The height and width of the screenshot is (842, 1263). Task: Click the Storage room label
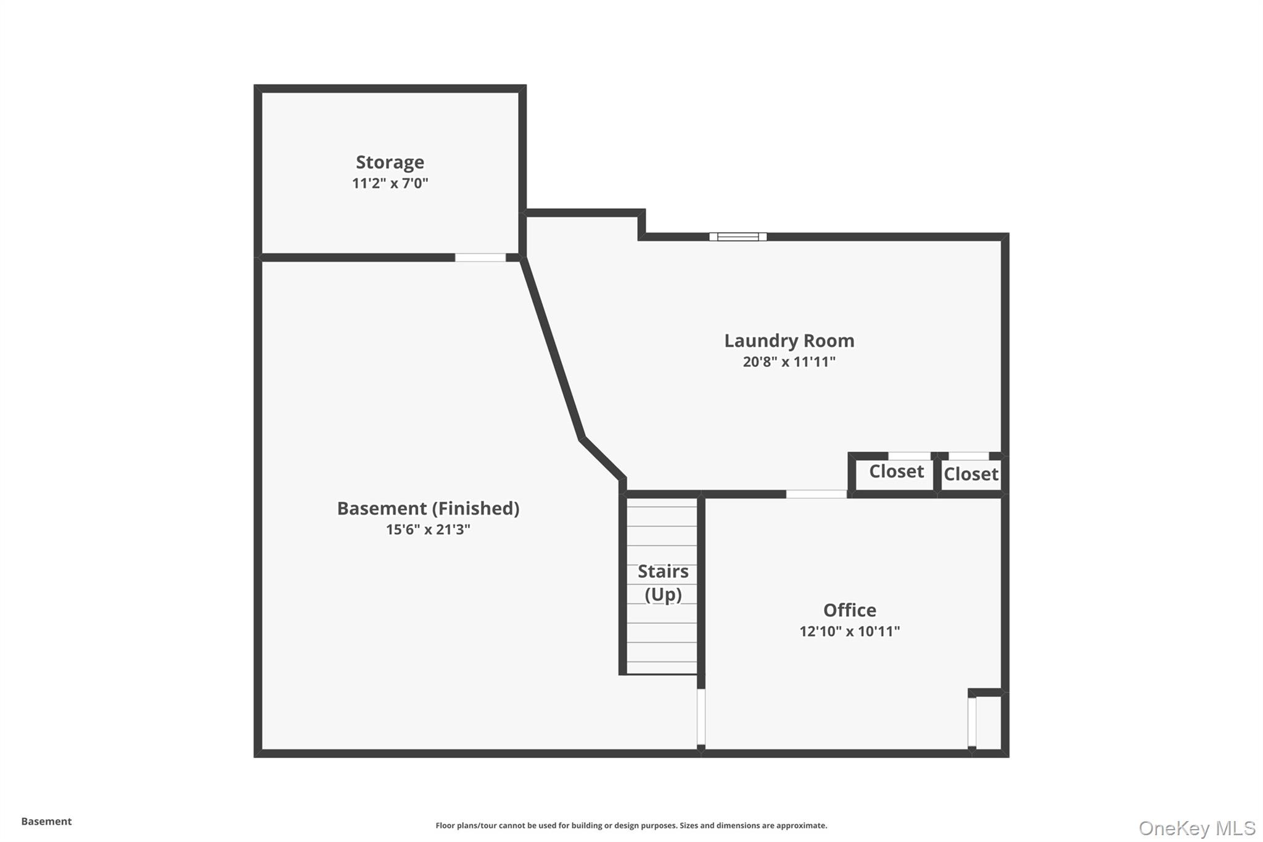tap(390, 162)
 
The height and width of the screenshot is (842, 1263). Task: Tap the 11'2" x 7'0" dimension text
tap(390, 183)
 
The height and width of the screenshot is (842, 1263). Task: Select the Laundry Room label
tap(789, 341)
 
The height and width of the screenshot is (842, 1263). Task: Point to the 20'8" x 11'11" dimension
tap(789, 361)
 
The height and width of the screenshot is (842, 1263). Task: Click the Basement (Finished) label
tap(428, 508)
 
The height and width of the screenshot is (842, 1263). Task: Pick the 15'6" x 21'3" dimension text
tap(428, 529)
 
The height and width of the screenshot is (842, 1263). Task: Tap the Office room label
tap(849, 610)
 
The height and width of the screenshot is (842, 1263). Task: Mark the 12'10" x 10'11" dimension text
tap(849, 631)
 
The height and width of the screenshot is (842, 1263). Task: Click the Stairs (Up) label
tap(663, 583)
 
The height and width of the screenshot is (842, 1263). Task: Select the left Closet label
tap(896, 471)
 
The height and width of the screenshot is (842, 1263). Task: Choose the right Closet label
tap(971, 474)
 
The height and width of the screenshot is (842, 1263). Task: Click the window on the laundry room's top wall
tap(738, 237)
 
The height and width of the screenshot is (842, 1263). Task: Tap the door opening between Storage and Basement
tap(480, 258)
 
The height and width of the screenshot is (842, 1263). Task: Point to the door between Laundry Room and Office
tap(816, 494)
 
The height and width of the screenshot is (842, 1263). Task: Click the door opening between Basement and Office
tap(701, 717)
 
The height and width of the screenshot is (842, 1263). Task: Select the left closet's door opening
tap(909, 456)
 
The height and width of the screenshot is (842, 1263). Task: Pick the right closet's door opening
tap(968, 456)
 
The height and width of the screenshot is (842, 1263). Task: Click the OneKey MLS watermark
tap(1197, 828)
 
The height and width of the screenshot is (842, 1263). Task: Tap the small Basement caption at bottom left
tap(46, 822)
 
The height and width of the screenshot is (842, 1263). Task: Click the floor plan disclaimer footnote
tap(631, 825)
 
